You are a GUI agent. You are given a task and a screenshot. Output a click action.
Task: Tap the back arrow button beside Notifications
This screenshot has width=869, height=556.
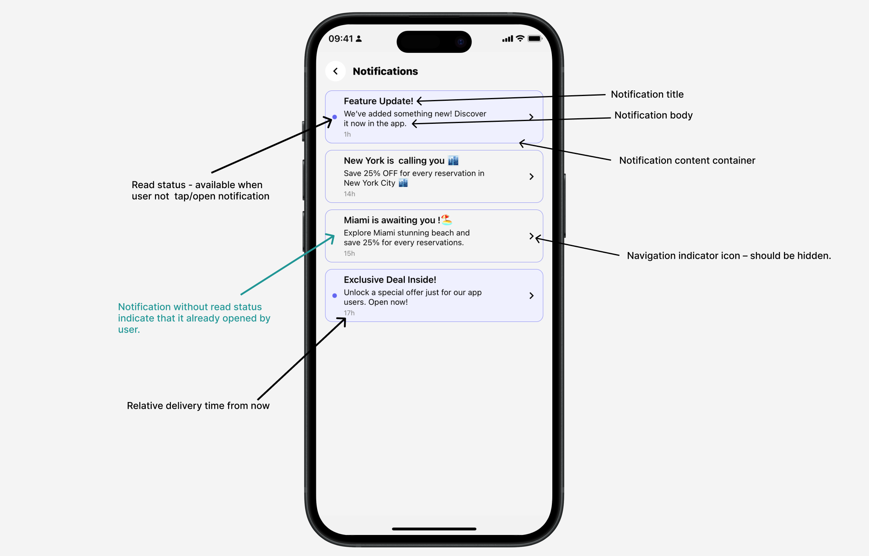pos(335,71)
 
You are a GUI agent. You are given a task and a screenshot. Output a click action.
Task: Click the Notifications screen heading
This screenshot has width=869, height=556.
pos(385,71)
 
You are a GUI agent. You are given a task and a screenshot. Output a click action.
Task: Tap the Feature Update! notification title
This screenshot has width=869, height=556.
pos(378,101)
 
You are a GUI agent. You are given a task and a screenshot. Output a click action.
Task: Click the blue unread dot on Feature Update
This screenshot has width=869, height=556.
pos(335,117)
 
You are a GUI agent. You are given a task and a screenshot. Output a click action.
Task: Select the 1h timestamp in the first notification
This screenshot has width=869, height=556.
pos(347,135)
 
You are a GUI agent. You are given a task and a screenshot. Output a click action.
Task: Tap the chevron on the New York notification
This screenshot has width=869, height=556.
pos(531,177)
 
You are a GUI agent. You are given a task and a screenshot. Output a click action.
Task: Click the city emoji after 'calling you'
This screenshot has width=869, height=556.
pos(453,161)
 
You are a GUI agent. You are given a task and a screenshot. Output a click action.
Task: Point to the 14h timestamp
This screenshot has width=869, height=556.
pos(349,194)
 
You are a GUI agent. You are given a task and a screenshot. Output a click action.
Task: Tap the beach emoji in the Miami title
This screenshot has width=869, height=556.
pos(447,219)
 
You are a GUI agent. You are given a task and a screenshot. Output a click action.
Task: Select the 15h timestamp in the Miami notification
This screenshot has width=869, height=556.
pos(349,254)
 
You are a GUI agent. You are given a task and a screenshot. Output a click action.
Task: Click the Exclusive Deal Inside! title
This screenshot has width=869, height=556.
pos(390,280)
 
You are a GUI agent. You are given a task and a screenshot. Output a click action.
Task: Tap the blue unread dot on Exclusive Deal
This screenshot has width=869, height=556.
pos(335,296)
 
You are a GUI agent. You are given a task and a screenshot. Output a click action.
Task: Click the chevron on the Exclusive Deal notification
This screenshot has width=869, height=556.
pos(531,296)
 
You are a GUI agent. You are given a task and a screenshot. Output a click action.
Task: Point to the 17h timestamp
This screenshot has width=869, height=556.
pos(349,313)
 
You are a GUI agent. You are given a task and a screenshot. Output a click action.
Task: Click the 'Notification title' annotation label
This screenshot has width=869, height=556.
pos(647,94)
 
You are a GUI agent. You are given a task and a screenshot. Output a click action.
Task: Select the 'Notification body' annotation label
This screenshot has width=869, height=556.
pos(653,115)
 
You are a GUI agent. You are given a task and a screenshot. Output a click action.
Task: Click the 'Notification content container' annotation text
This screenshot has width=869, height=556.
pos(687,160)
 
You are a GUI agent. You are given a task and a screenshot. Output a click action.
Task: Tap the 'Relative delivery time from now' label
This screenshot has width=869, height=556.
pos(198,406)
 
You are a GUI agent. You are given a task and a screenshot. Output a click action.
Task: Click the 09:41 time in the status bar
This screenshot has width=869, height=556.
pos(341,39)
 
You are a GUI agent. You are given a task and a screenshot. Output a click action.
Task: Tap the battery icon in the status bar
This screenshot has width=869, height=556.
pos(534,39)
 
